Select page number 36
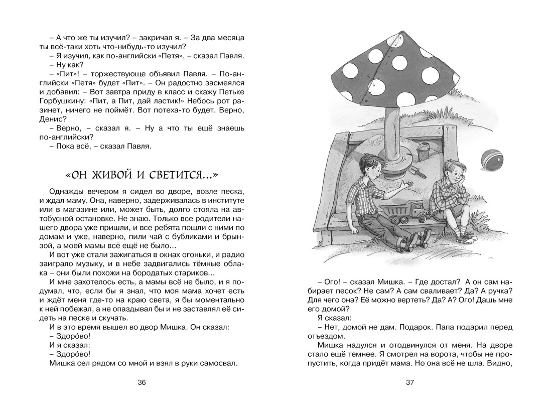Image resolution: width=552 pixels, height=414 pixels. click(142, 383)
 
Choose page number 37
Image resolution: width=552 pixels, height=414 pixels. click(410, 383)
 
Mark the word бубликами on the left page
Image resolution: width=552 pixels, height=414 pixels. click(196, 236)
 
